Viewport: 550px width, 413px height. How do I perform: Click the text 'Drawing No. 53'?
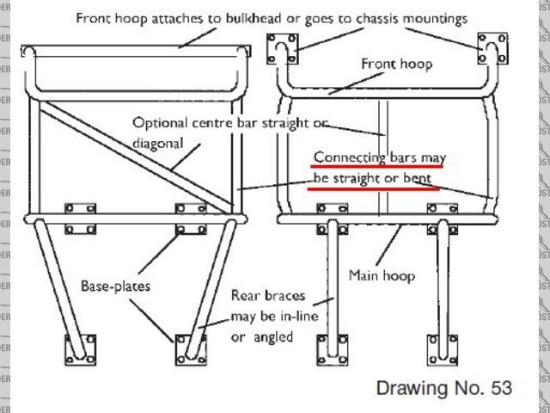pos(443,388)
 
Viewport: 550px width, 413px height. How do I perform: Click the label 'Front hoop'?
pos(396,64)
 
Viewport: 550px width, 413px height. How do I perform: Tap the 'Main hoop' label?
pos(382,275)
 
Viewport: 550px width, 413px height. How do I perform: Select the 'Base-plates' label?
pos(116,285)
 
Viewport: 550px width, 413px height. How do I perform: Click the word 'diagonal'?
pos(158,143)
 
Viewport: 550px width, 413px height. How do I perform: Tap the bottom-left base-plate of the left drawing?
pos(76,351)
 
